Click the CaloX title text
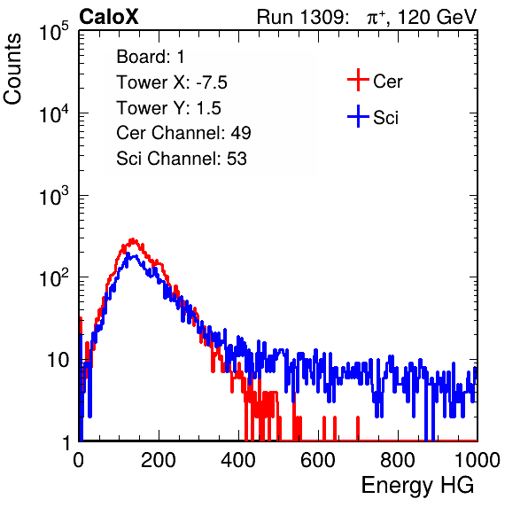[109, 17]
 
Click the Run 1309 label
[302, 17]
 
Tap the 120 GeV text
[437, 17]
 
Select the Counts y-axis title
[12, 69]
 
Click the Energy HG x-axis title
[417, 485]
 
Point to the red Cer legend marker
[358, 80]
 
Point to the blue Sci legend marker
[358, 117]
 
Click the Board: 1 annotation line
[151, 57]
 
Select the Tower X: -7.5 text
[172, 82]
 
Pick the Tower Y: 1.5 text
[168, 108]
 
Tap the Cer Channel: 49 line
[183, 133]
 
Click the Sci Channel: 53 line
[182, 159]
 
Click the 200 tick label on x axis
[159, 460]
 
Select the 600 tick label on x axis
[318, 460]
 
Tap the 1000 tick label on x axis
[478, 460]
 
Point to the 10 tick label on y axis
[58, 360]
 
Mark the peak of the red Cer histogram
[133, 239]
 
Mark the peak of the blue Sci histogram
[128, 254]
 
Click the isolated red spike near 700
[358, 428]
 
